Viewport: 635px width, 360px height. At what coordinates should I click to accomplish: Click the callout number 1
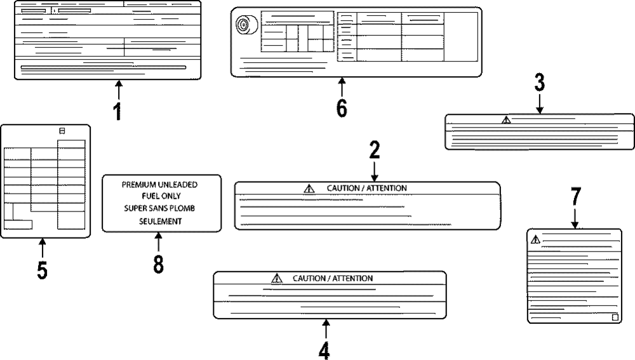(117, 111)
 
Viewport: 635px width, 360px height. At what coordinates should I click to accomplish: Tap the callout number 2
(375, 150)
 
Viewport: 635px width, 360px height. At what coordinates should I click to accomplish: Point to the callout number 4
(324, 350)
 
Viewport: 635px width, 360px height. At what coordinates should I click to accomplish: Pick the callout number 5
(42, 270)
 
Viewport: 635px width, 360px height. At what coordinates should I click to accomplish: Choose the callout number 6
(342, 109)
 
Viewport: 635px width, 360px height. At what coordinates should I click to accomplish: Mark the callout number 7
(575, 197)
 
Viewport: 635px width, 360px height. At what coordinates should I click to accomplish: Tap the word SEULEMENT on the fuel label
(161, 222)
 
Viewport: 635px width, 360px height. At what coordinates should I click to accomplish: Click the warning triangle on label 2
(309, 188)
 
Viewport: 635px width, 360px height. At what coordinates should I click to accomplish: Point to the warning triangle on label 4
(276, 278)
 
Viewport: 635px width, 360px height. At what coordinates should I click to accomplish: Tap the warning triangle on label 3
(505, 119)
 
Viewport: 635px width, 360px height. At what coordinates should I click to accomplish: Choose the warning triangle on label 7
(535, 239)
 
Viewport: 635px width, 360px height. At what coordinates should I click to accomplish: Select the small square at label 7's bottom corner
(614, 317)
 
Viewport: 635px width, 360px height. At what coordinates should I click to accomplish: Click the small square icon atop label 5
(62, 130)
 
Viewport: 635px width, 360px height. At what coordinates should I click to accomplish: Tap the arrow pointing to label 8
(158, 241)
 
